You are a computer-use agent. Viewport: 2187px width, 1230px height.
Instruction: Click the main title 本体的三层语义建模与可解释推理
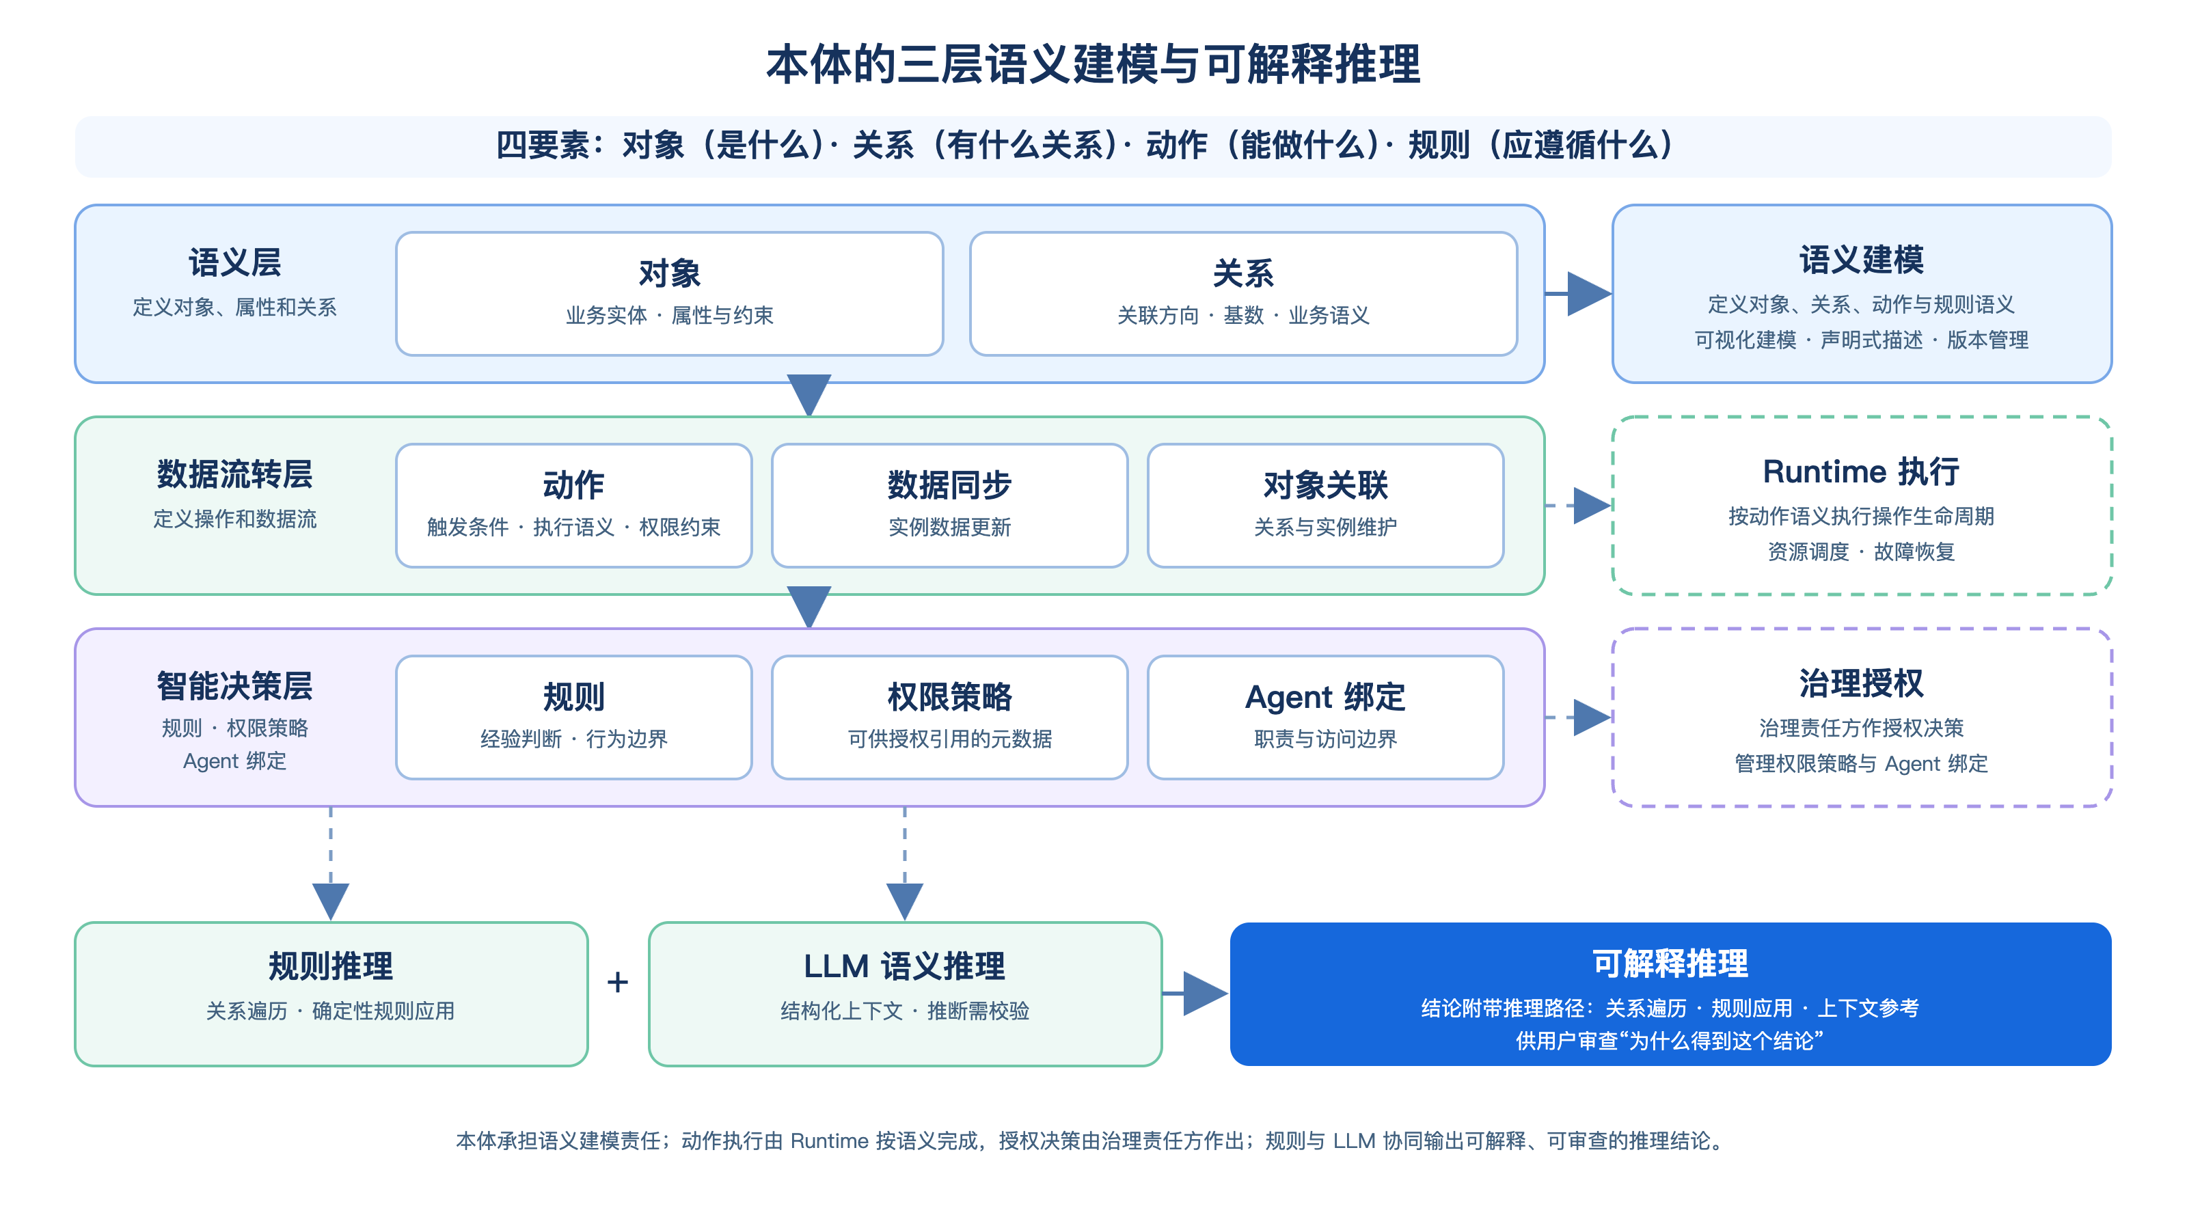point(1093,64)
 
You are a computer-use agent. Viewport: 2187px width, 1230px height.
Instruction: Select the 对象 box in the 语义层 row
point(669,294)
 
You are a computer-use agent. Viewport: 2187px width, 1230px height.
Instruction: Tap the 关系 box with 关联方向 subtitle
point(1243,294)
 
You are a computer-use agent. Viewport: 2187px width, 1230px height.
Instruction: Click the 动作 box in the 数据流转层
point(574,505)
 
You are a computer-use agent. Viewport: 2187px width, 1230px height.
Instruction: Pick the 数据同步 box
point(949,505)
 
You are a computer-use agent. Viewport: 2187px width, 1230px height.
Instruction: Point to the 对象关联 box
point(1325,505)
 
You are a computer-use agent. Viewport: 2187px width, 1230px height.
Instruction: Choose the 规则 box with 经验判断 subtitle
point(574,717)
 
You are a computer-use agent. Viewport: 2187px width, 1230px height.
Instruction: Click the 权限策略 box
point(949,717)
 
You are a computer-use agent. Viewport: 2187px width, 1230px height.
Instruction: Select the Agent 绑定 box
point(1325,717)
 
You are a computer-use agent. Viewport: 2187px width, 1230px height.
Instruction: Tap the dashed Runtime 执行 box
point(1861,505)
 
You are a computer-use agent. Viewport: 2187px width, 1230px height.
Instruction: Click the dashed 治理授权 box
point(1861,717)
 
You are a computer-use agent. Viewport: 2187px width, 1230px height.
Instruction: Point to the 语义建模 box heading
point(1861,260)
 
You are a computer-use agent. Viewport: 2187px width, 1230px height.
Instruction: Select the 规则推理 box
point(331,994)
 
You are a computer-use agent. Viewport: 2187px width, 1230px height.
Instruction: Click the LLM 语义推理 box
point(905,994)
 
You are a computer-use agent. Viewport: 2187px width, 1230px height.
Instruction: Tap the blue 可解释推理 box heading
point(1670,963)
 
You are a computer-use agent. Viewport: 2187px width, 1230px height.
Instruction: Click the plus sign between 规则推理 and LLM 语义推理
point(618,982)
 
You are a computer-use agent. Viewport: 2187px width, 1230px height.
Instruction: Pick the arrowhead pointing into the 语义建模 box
point(1589,294)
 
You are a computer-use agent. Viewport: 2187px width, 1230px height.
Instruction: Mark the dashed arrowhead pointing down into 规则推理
point(331,901)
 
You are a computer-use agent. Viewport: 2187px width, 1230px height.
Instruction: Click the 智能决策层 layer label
point(234,686)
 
